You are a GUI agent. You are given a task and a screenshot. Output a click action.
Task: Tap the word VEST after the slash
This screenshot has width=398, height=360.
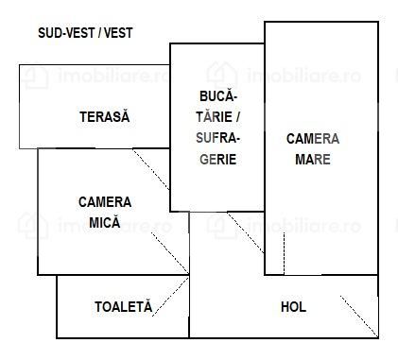pos(118,32)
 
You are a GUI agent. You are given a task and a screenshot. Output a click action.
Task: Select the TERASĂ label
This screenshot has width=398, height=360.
pos(103,117)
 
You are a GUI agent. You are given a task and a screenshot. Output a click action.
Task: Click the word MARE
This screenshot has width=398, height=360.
pos(313,159)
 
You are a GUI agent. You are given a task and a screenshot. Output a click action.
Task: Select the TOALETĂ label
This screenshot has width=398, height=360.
pos(123,307)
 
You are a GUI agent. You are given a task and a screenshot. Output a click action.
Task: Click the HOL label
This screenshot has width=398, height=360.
pos(293,307)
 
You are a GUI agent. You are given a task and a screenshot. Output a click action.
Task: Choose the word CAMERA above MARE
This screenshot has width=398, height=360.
pos(313,139)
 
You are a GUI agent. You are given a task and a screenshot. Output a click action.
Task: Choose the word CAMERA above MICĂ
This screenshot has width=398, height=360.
pos(105,201)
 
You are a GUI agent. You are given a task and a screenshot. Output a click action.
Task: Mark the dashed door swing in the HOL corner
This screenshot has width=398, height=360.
pos(358,315)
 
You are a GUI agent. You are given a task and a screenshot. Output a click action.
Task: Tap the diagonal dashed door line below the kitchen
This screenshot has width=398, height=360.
pos(246,232)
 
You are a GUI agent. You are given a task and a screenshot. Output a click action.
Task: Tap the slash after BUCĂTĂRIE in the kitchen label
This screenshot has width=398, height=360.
pos(238,117)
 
